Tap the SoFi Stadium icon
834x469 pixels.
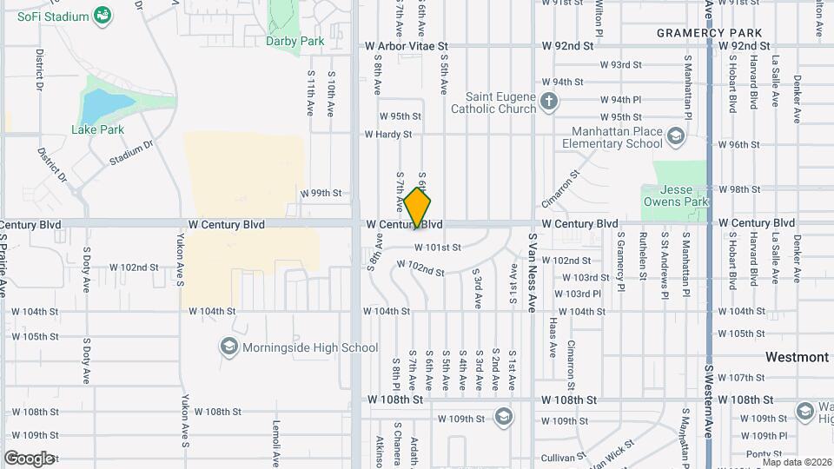103,16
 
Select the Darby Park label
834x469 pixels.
295,41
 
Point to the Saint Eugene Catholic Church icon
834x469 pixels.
548,102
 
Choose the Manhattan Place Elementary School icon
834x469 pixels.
676,136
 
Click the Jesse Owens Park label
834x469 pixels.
676,195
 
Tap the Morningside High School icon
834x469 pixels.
228,347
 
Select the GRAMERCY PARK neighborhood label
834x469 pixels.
709,33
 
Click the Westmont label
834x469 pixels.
797,357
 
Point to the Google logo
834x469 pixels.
29,458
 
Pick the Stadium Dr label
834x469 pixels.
131,153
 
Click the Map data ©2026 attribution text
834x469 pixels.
796,462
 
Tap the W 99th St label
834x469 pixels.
321,193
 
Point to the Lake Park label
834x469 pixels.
97,129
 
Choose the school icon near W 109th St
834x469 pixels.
502,417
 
